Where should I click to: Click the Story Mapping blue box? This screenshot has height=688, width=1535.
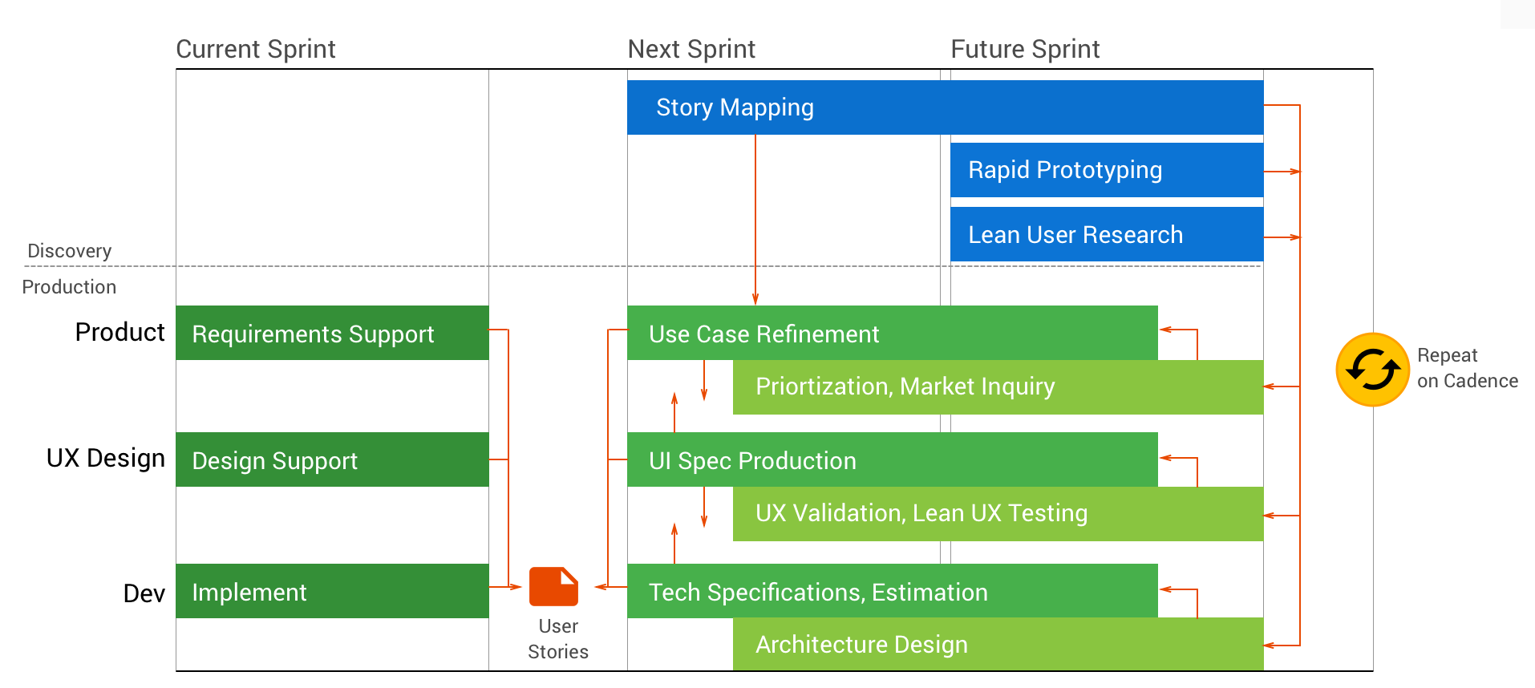(945, 107)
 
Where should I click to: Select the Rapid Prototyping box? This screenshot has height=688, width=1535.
(1106, 170)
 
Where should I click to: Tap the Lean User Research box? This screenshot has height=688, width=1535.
(1106, 234)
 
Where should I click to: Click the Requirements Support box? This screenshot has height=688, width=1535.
(332, 333)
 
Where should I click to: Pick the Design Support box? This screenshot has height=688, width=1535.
(332, 459)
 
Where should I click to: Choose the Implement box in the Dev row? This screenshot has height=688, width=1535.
(332, 591)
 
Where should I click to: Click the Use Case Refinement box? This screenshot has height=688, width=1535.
(892, 333)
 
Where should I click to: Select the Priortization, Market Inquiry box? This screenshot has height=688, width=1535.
(998, 387)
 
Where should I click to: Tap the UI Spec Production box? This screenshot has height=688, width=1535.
(892, 459)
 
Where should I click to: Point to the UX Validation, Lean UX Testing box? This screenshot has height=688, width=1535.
(998, 514)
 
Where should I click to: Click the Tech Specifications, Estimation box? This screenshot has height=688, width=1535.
(892, 591)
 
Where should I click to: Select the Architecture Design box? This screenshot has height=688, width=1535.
(998, 644)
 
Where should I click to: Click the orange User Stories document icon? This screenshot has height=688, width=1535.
(553, 587)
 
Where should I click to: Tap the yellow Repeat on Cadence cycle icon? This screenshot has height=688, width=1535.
(1372, 370)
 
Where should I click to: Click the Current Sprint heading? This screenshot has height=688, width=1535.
(255, 49)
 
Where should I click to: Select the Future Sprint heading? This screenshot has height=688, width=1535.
(1024, 49)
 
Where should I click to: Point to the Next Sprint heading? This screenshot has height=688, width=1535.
(691, 49)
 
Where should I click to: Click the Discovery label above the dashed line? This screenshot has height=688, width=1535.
(69, 251)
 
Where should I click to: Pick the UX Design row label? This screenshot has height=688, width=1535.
(105, 458)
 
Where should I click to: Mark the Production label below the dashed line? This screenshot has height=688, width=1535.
(69, 287)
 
